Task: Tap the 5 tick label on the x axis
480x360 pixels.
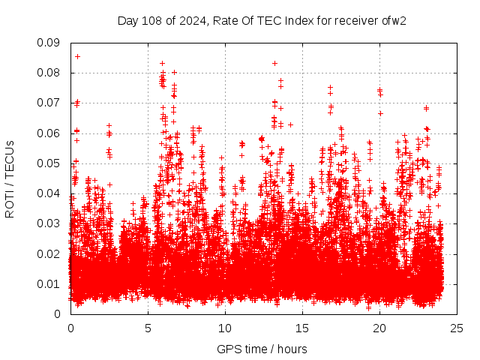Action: tap(148, 328)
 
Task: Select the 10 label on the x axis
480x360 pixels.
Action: tap(225, 328)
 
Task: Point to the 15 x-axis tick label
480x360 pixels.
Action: tap(302, 328)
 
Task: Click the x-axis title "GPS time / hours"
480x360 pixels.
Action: tap(262, 349)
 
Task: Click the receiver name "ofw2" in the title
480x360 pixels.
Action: tap(392, 20)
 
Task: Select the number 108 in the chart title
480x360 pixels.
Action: tap(150, 20)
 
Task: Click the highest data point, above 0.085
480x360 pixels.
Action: tap(77, 56)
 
